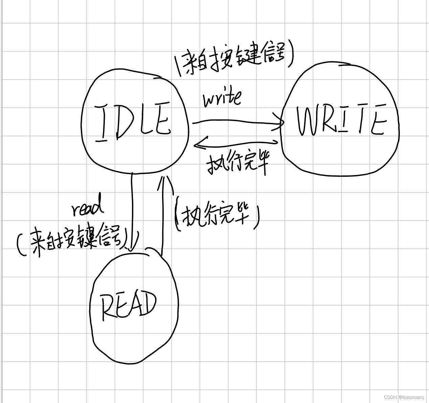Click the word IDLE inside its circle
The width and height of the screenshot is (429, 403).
tap(132, 122)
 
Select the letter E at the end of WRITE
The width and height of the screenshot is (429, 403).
tap(378, 121)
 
